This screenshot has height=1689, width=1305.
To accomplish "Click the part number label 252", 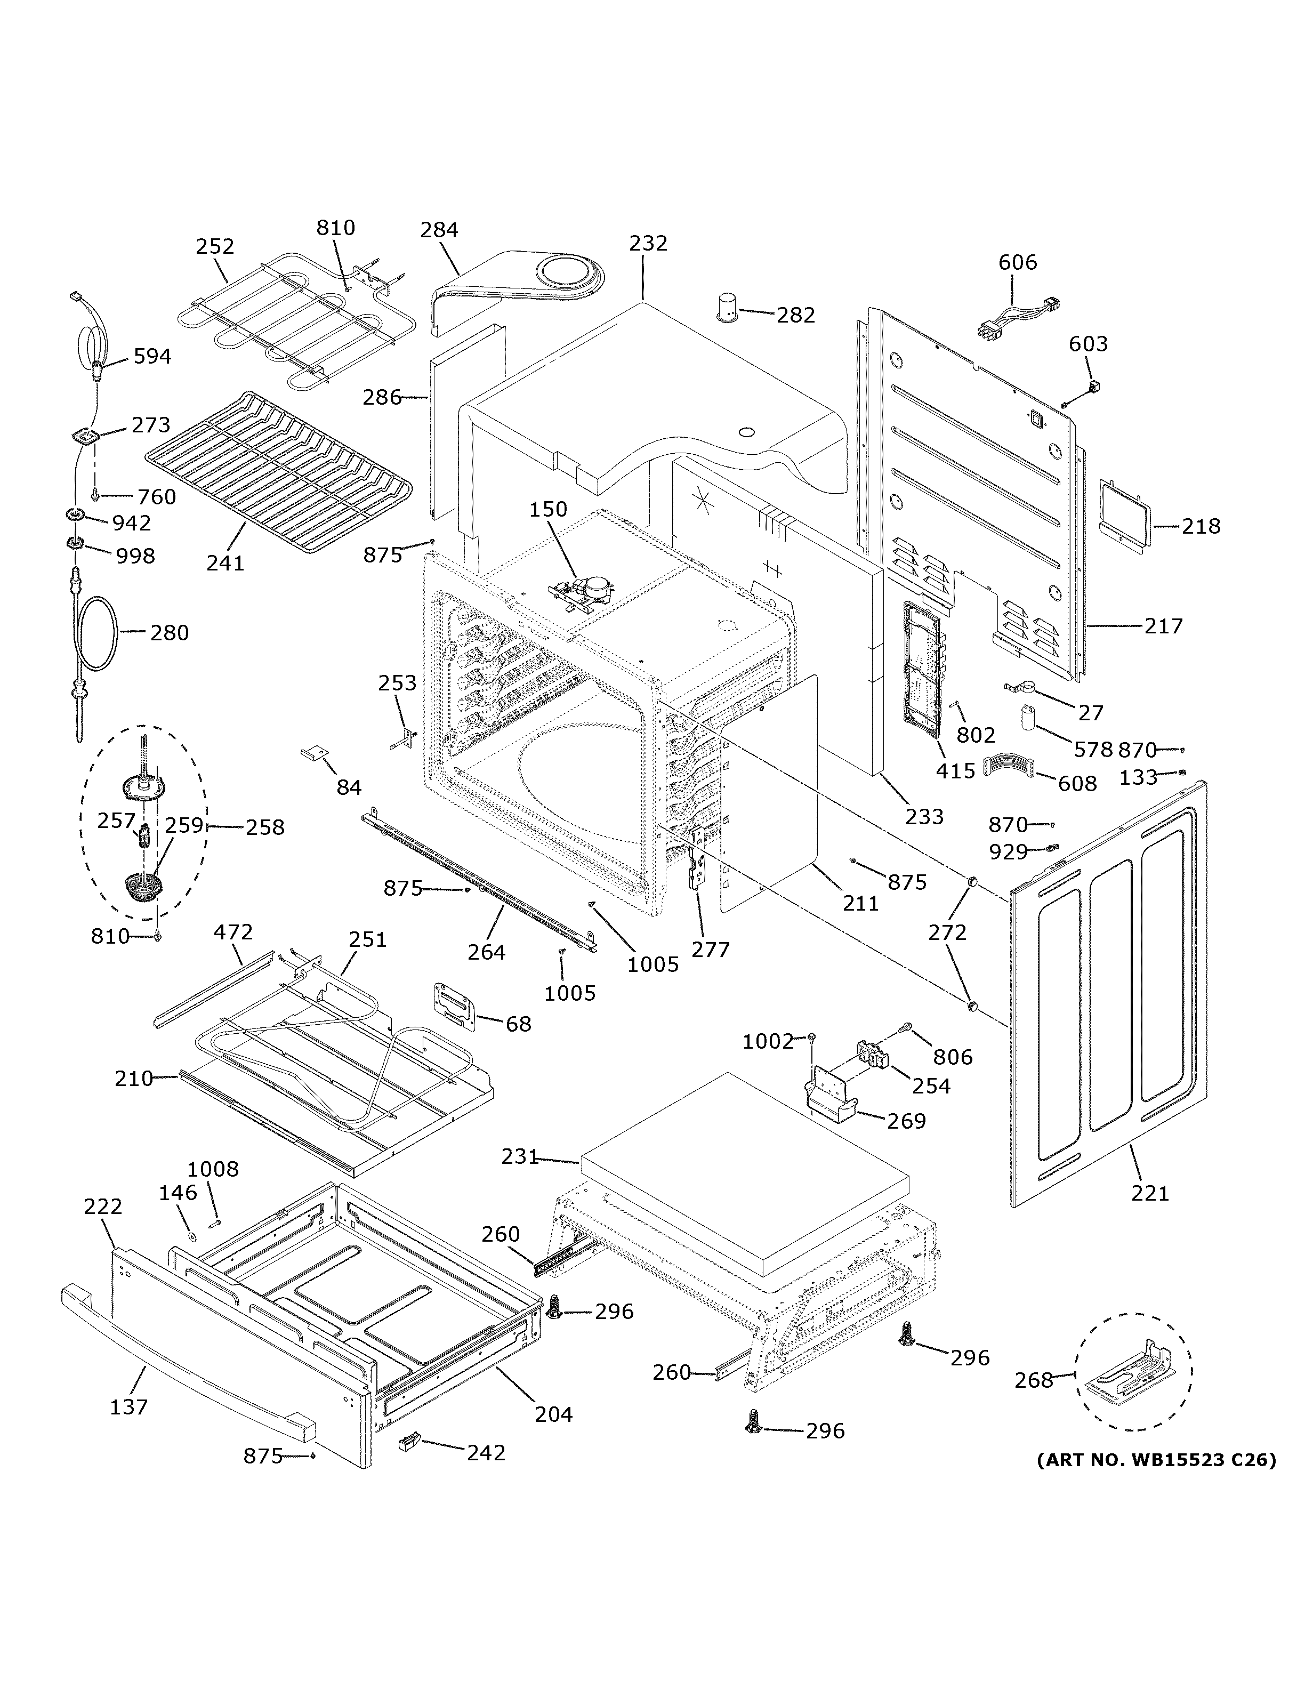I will [x=214, y=246].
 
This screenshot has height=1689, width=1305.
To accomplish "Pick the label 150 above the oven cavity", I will [x=548, y=510].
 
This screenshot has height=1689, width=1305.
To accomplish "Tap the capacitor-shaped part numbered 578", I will [x=1026, y=718].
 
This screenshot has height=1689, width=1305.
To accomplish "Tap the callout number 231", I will [x=519, y=1178].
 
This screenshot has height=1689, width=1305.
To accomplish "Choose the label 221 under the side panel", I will [x=1150, y=1193].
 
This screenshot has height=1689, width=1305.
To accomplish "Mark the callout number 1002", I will [x=768, y=1042].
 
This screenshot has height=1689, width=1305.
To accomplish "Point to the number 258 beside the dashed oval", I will [x=265, y=827].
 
